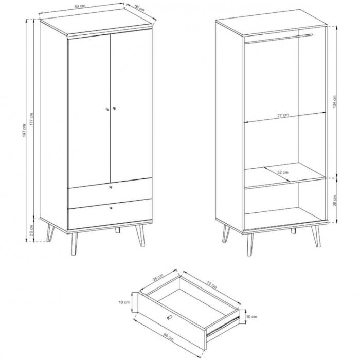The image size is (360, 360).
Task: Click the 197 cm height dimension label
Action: point(24,131)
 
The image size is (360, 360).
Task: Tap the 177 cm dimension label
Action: point(31,119)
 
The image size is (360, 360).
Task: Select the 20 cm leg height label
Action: point(31,230)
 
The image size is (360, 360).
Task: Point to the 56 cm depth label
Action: point(139,8)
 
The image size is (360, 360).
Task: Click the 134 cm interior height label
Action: point(334,102)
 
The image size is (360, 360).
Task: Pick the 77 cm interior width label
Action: point(283,115)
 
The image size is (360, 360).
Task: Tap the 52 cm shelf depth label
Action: point(283,172)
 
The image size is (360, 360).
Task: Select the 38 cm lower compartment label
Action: point(334,201)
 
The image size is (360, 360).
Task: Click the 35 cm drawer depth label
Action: point(158,278)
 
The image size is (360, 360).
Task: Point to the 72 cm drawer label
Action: point(211,285)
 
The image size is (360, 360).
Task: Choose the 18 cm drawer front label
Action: point(124,302)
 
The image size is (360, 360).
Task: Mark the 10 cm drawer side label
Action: point(251,317)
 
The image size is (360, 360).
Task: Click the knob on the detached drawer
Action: point(169,317)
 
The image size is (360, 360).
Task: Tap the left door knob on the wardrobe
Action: point(107,109)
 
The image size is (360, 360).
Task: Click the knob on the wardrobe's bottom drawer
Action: point(111,208)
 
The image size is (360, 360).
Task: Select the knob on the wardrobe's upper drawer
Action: point(111,187)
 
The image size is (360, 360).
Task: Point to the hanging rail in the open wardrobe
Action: point(279,39)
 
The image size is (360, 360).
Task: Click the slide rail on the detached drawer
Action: point(223,326)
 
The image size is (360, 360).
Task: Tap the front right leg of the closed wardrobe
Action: point(140,236)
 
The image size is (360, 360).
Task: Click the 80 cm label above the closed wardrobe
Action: point(80,6)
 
